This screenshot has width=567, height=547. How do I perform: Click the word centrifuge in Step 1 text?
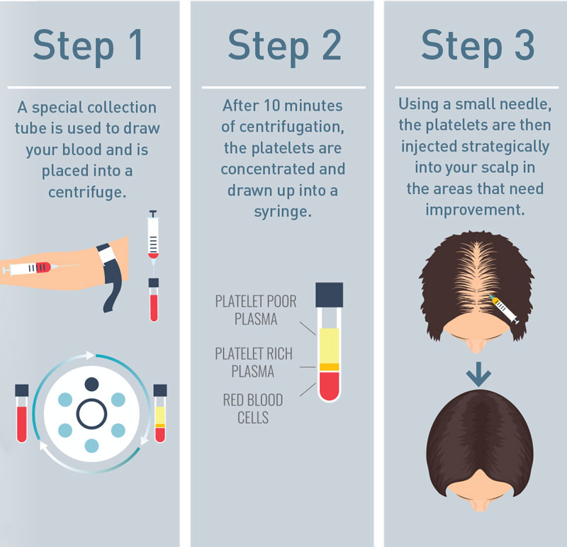[89, 192]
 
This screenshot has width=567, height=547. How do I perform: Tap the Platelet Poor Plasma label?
[256, 310]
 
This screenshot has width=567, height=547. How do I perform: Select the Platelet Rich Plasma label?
[254, 362]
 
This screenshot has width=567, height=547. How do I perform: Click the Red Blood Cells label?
[252, 408]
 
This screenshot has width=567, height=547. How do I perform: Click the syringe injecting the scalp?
[506, 310]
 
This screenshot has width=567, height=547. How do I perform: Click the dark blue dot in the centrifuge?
[91, 384]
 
